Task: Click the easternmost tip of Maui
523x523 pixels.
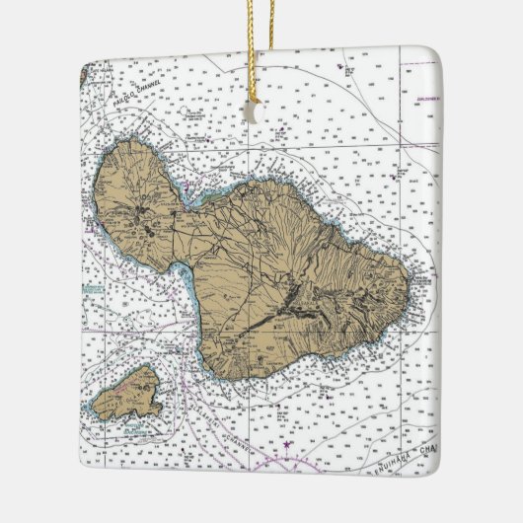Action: coord(408,285)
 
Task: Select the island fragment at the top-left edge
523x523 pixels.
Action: coord(88,71)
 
